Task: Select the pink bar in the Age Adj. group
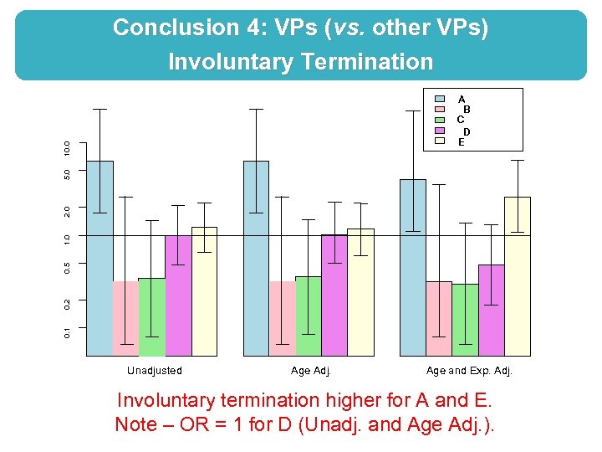coord(283,318)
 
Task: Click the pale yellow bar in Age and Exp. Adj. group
coord(518,276)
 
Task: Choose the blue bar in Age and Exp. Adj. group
coord(413,267)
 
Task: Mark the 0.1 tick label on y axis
coord(68,332)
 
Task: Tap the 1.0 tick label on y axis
coord(68,239)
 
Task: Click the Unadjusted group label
coord(154,371)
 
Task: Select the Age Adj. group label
coord(312,371)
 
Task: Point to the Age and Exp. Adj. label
coord(469,371)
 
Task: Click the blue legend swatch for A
coord(440,99)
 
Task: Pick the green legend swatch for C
coord(440,120)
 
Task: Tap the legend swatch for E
coord(440,141)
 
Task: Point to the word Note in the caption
coord(135,424)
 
